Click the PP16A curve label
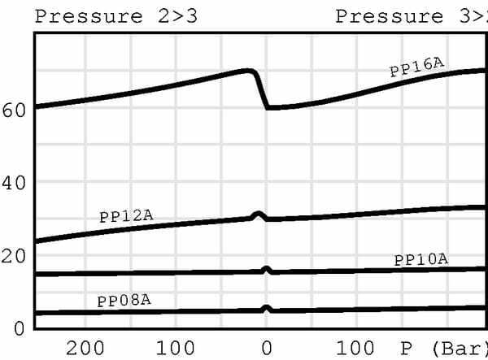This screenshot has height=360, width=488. point(417,65)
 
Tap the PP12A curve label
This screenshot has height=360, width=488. point(126,215)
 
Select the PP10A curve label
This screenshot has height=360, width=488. point(420,260)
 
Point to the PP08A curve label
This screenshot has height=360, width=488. point(124,301)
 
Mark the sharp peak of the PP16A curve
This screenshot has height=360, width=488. point(251,71)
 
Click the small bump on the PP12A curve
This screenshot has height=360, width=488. point(259,215)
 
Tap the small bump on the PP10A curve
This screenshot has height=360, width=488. point(266,269)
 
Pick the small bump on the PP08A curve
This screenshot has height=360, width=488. point(266,309)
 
